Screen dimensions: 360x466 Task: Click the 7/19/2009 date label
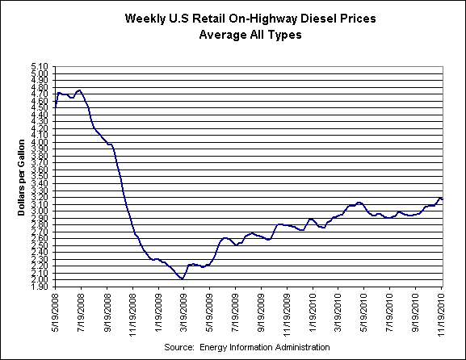click(235, 310)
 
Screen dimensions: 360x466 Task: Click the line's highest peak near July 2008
click(79, 90)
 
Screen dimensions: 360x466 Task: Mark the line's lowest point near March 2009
click(182, 278)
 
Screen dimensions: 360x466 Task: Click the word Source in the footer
click(179, 346)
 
